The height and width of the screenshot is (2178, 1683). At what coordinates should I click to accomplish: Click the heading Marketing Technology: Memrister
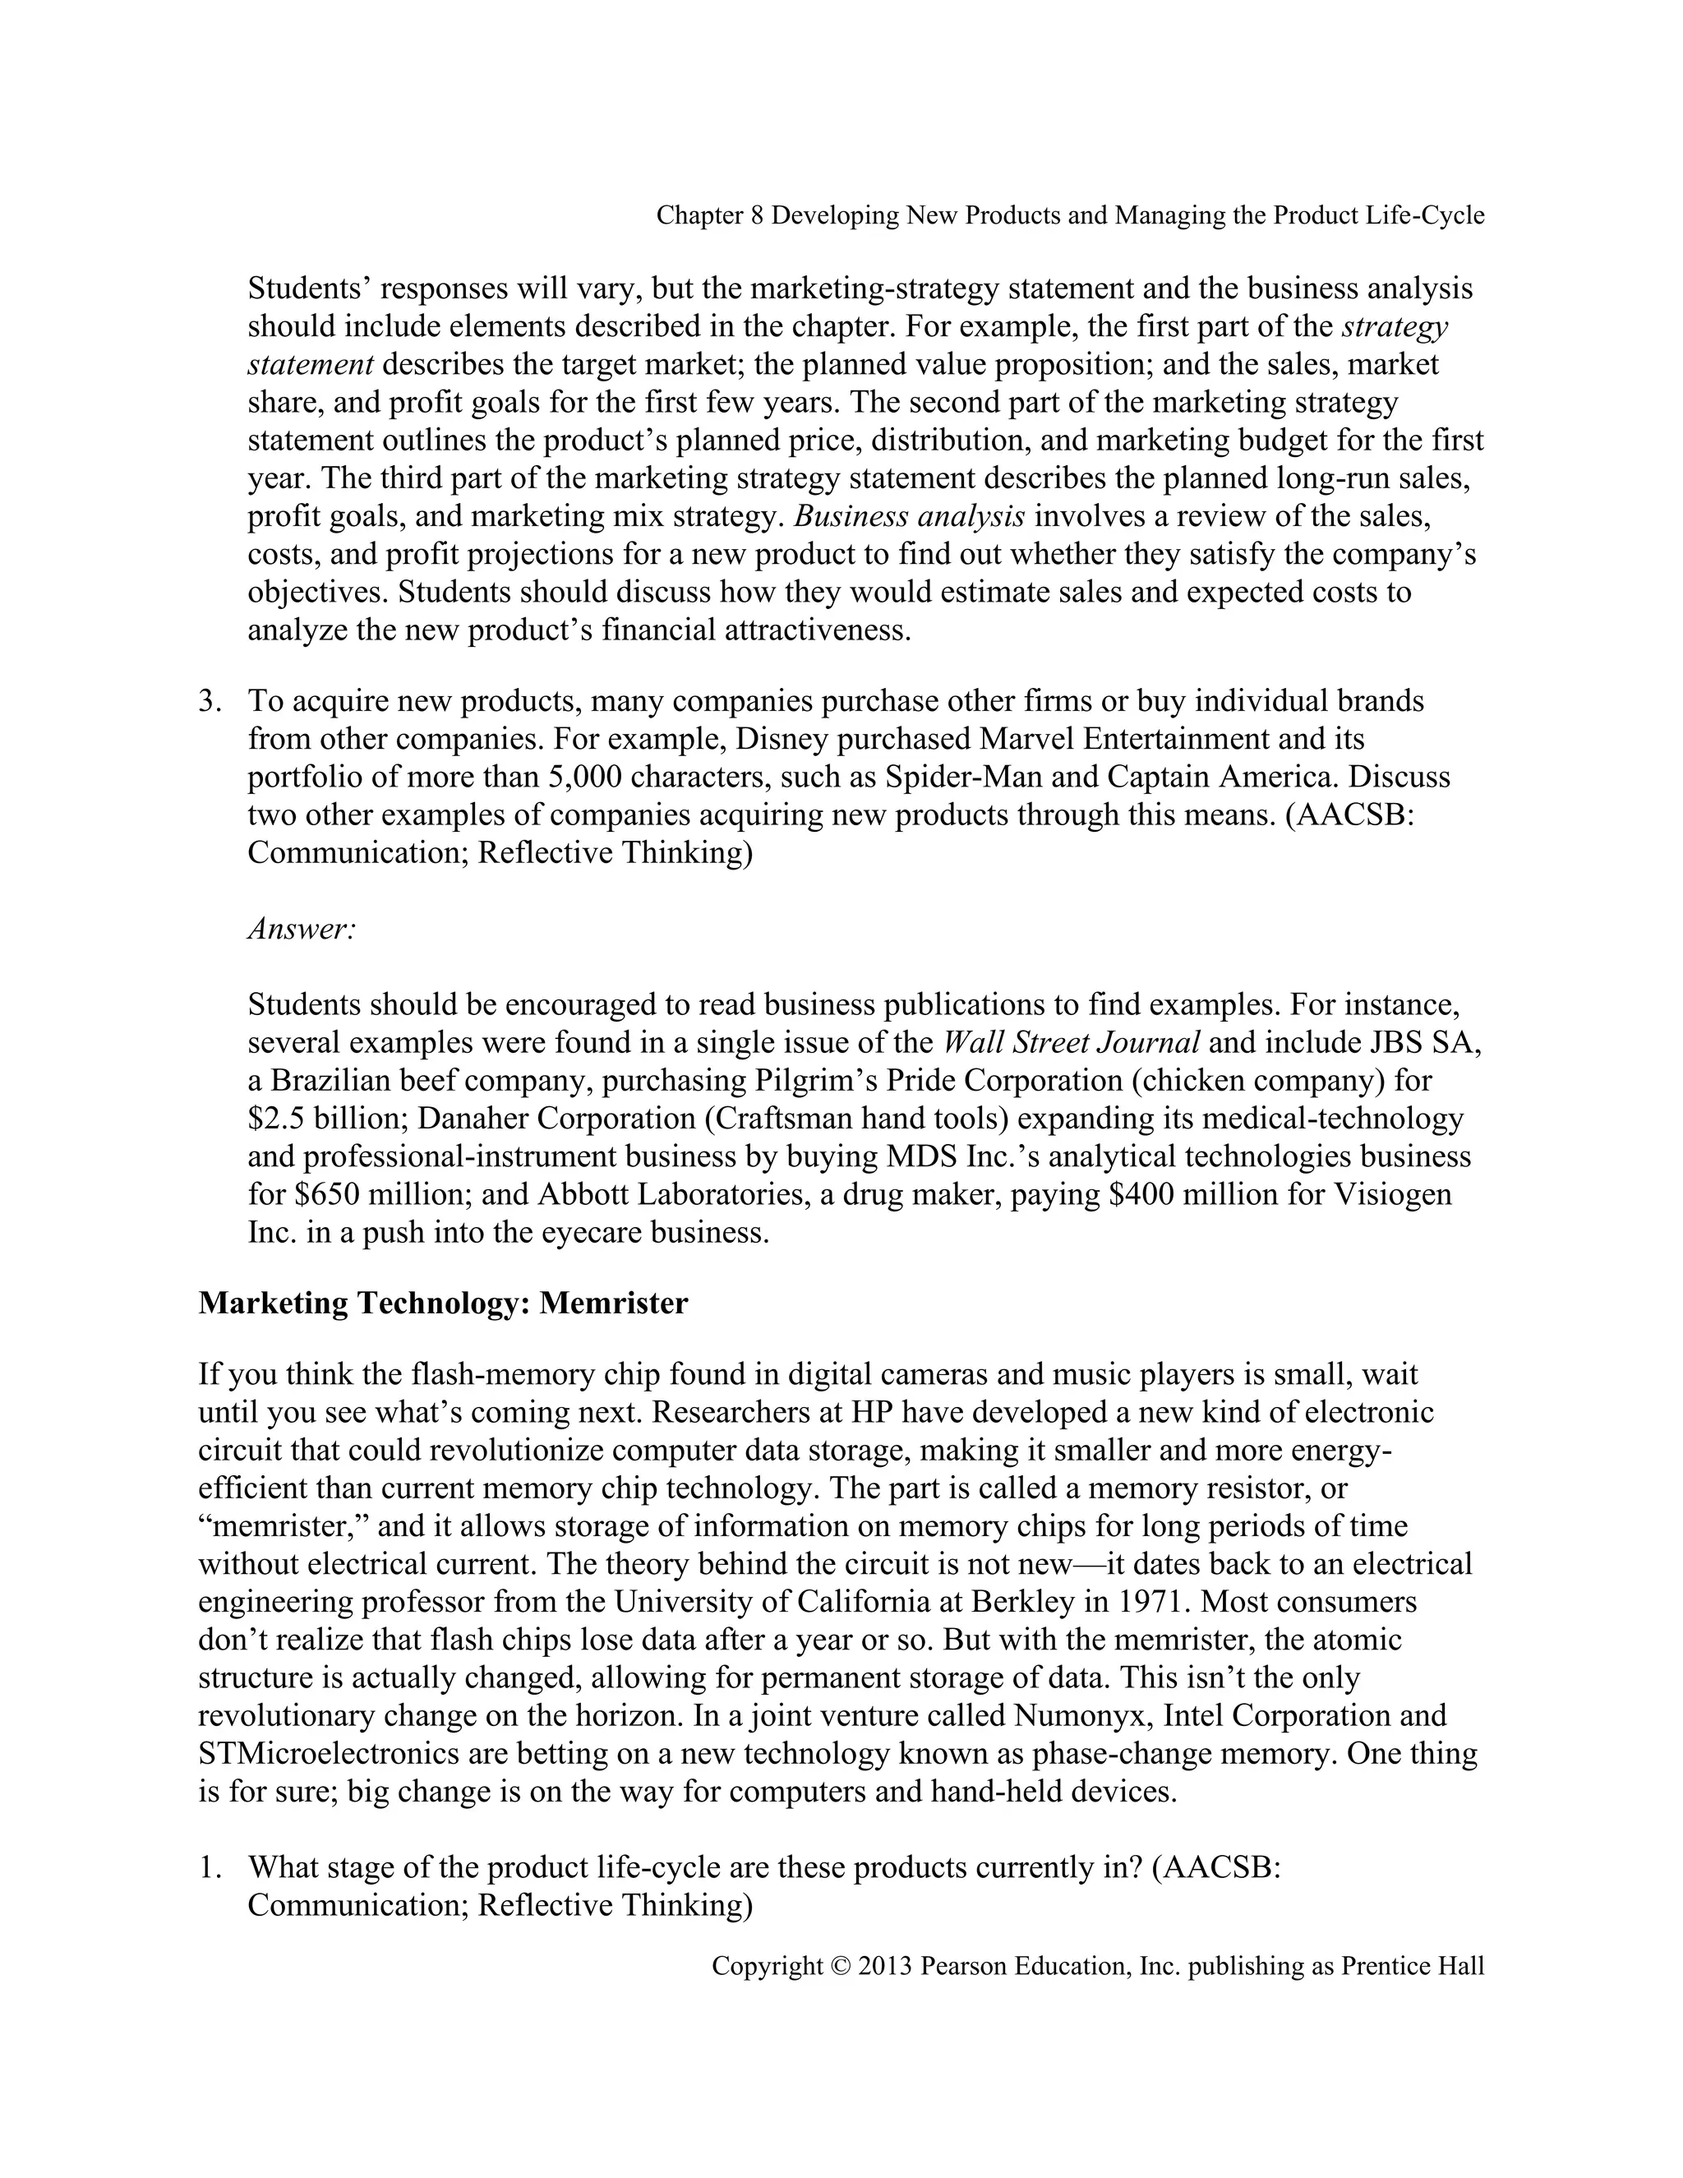click(443, 1304)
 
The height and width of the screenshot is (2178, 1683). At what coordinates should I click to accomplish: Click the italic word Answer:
click(301, 929)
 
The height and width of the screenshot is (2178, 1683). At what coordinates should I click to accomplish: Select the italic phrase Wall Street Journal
click(1071, 1043)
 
